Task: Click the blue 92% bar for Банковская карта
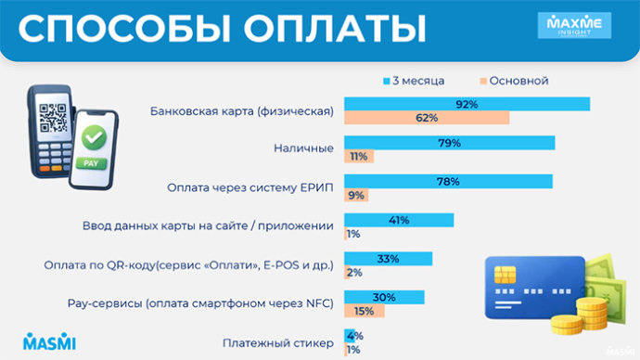click(x=467, y=104)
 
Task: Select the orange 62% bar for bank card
click(x=427, y=118)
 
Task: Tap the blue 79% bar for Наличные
click(x=449, y=142)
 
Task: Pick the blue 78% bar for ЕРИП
click(x=448, y=181)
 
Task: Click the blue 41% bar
click(x=399, y=220)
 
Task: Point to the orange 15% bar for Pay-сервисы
click(x=364, y=311)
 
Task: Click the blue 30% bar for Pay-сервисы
click(x=384, y=297)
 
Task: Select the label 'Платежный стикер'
click(x=277, y=343)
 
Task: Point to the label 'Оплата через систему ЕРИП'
click(x=250, y=187)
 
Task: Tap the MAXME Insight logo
click(x=574, y=28)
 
